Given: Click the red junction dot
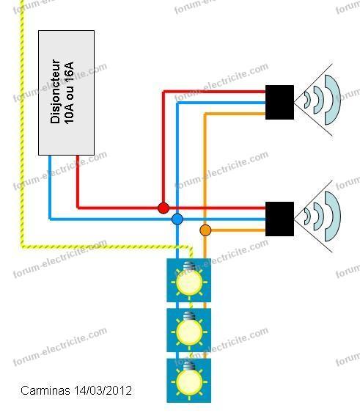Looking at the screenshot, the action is (164, 208).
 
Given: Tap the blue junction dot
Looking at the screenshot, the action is (177, 219).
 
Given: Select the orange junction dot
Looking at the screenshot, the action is (205, 230).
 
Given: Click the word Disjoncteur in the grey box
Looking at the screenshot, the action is (55, 91).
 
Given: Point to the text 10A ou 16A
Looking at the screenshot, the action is (69, 93).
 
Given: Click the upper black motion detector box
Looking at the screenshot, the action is (279, 102).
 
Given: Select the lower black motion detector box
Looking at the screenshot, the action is (279, 219).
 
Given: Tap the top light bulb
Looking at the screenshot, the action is (189, 281).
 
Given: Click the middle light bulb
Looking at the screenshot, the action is (189, 331).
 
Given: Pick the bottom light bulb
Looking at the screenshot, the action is (189, 381).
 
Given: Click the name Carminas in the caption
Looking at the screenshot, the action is (45, 390).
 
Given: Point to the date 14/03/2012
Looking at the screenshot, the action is (103, 390).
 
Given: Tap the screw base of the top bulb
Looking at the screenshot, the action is (188, 266).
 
